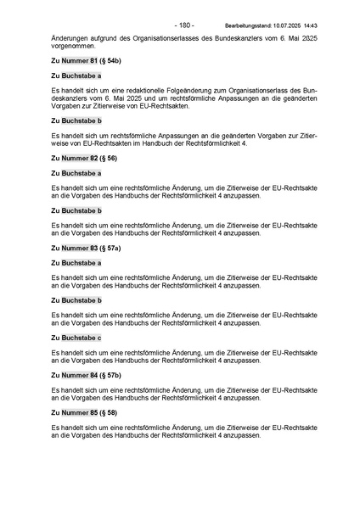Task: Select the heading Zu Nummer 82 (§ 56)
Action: [84, 158]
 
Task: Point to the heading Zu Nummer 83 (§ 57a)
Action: [86, 247]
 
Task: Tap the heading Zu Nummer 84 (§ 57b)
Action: [86, 374]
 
